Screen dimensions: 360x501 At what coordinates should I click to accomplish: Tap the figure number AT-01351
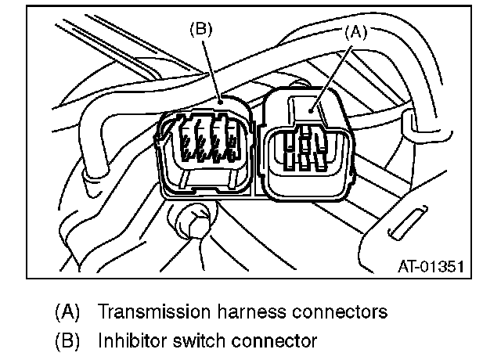click(x=428, y=265)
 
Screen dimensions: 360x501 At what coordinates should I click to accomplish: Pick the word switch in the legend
click(x=193, y=341)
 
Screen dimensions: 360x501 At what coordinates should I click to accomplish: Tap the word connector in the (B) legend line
click(x=269, y=341)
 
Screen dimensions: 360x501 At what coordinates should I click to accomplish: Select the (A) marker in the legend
click(x=67, y=312)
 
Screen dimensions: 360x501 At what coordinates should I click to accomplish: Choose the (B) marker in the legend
click(x=67, y=341)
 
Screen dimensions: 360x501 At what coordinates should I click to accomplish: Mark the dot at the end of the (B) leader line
click(x=222, y=100)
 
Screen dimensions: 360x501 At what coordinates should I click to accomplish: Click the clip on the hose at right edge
click(x=411, y=124)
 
